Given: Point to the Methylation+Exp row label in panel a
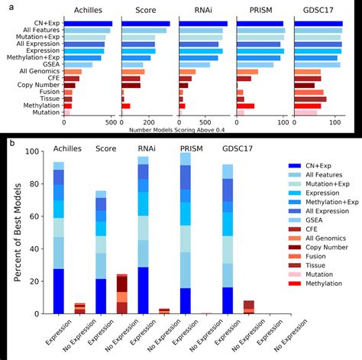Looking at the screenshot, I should [31, 57].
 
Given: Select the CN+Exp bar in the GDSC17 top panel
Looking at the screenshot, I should [318, 24].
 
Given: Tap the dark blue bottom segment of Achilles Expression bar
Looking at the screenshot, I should [59, 291].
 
